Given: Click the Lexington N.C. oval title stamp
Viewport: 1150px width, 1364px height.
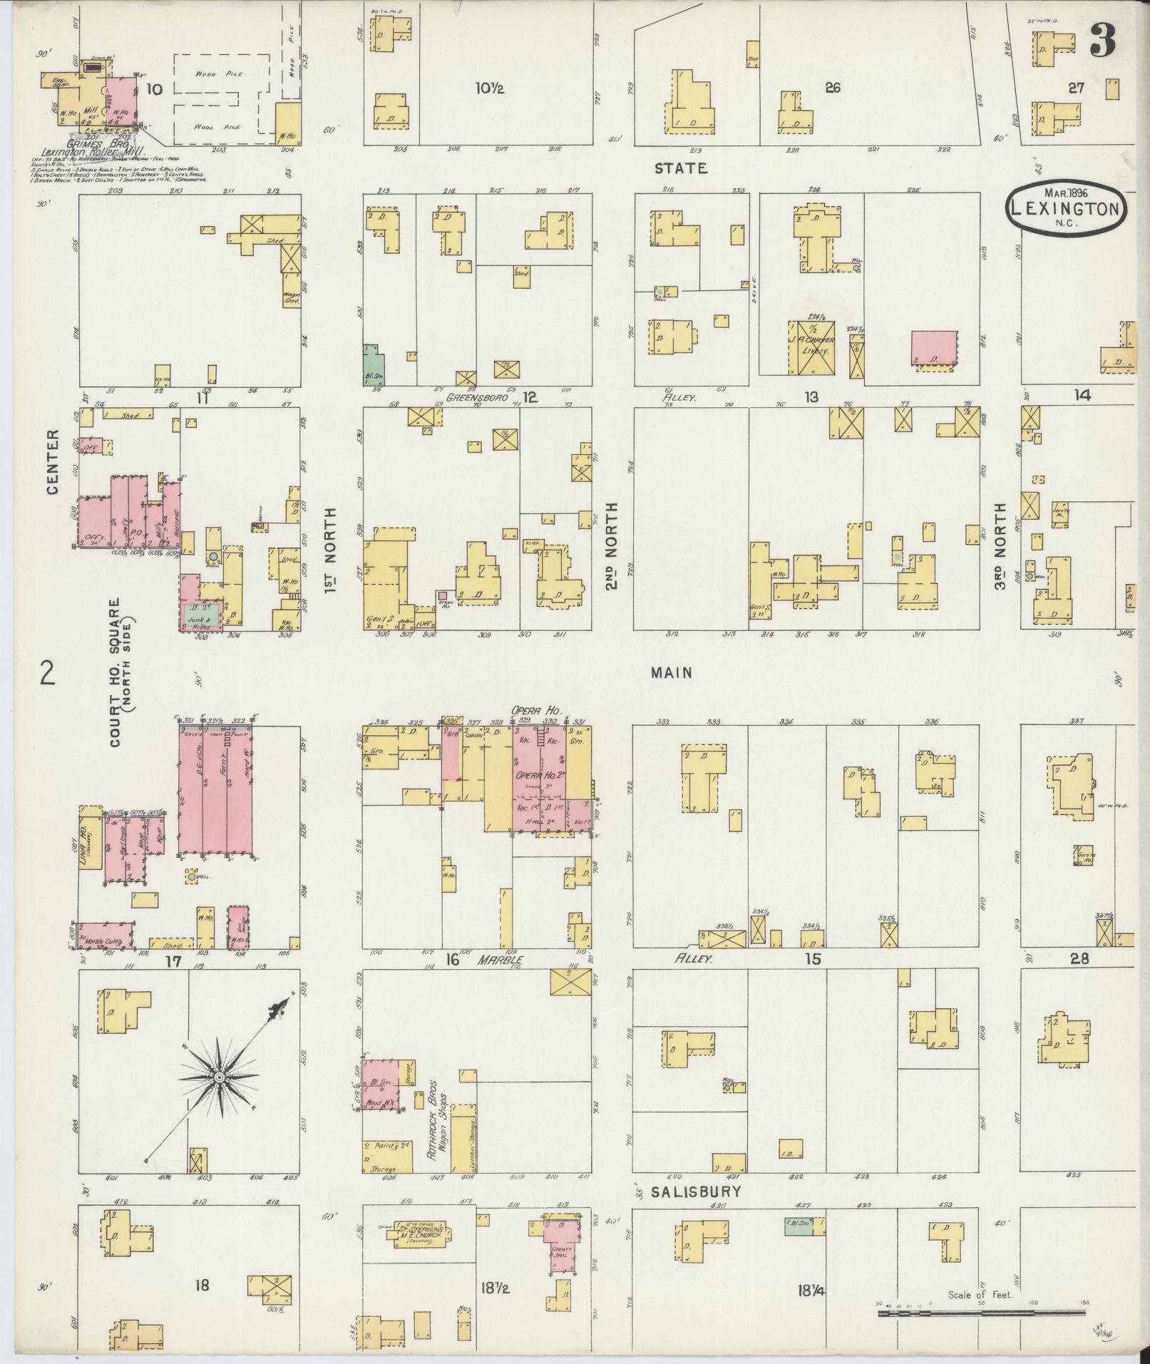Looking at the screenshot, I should (x=1067, y=207).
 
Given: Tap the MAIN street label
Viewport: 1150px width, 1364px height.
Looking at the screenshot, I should (x=671, y=672).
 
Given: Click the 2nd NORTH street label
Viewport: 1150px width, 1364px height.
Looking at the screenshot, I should (x=612, y=546).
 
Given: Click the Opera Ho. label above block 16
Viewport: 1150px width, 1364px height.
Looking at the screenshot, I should (x=536, y=711).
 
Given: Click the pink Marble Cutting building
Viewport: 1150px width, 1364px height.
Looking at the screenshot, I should (x=106, y=936).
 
